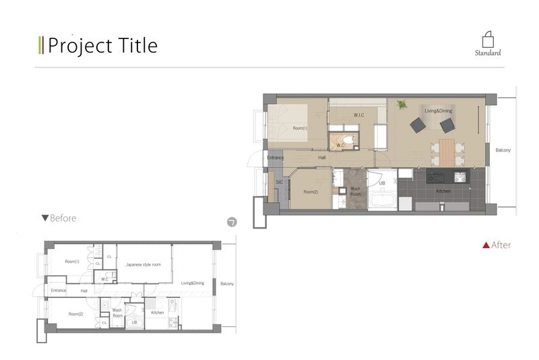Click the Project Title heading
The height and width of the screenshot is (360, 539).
point(102,46)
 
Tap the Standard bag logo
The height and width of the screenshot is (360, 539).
point(488,40)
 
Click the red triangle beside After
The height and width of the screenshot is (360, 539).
point(486,245)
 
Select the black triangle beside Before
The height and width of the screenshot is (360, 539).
point(45,218)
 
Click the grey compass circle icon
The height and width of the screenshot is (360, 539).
point(232,222)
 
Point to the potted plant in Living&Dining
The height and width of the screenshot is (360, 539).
point(402,104)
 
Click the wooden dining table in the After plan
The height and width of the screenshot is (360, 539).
point(447,153)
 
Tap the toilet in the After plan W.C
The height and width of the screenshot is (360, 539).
point(348,140)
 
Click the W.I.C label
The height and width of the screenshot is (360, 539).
point(358,115)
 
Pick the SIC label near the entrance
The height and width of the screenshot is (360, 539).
point(279,182)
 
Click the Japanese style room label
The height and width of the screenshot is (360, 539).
point(144,265)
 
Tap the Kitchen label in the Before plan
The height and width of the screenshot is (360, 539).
point(158,313)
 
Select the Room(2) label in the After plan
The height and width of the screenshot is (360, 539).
point(311,192)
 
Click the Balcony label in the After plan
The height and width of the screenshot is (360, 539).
point(503,150)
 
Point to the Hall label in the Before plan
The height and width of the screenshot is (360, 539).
point(84,291)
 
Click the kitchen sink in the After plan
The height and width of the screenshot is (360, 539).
point(435,178)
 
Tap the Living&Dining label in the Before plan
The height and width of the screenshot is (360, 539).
point(193,283)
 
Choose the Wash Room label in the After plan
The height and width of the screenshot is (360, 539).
point(356,191)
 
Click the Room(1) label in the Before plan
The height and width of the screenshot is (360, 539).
point(72,262)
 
